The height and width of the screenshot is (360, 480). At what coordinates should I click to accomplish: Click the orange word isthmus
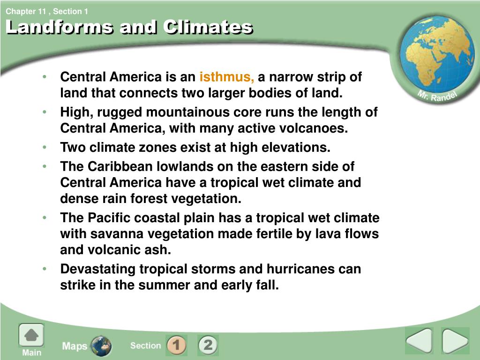(226, 77)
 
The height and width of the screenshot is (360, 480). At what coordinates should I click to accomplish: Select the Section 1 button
(176, 345)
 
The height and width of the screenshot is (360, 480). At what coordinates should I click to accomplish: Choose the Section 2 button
(208, 345)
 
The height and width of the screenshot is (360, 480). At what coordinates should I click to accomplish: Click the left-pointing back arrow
(419, 340)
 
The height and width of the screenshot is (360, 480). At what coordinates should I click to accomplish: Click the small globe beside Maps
(101, 346)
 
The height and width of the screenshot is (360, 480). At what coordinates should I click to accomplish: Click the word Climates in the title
(208, 27)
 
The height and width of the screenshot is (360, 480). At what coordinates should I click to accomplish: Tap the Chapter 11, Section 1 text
(47, 11)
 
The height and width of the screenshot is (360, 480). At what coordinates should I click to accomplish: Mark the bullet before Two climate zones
(45, 147)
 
